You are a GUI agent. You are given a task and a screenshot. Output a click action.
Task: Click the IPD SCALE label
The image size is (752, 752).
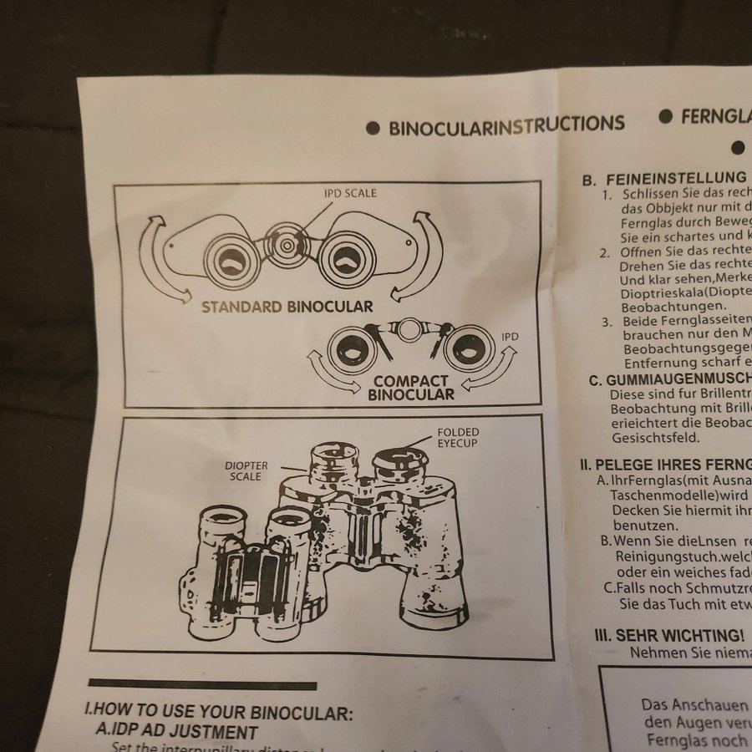pyautogui.click(x=350, y=193)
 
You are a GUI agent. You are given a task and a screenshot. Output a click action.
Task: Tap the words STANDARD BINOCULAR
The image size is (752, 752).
pyautogui.click(x=287, y=307)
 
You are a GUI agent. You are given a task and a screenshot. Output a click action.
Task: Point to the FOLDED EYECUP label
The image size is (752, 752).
pyautogui.click(x=457, y=437)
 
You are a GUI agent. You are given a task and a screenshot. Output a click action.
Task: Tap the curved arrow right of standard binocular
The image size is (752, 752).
pyautogui.click(x=422, y=255)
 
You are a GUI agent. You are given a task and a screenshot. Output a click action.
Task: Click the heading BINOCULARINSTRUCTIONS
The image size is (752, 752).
pyautogui.click(x=506, y=125)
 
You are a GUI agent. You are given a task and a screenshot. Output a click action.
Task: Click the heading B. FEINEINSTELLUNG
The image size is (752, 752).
pyautogui.click(x=663, y=177)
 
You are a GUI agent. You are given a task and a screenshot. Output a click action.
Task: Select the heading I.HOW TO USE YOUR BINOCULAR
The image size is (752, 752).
pyautogui.click(x=219, y=713)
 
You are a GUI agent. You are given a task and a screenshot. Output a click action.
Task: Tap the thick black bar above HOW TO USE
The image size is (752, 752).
pyautogui.click(x=202, y=685)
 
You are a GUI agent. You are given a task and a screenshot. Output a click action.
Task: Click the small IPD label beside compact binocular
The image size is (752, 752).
pyautogui.click(x=510, y=336)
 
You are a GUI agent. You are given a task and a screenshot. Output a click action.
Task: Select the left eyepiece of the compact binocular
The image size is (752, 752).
pyautogui.click(x=351, y=348)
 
